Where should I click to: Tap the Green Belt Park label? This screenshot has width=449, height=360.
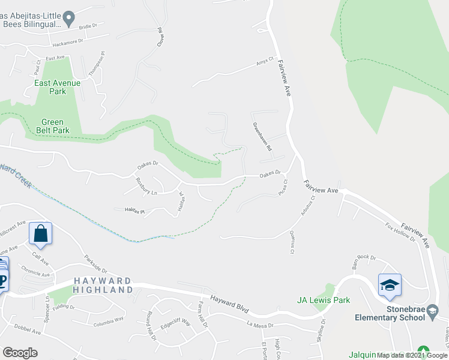click(x=51, y=126)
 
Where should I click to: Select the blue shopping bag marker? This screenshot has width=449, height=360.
click(x=40, y=234)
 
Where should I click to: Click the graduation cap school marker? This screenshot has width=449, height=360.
click(x=390, y=285)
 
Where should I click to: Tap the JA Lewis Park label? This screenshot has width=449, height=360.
click(x=324, y=300)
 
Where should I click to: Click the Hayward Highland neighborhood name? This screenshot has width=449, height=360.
click(x=103, y=285)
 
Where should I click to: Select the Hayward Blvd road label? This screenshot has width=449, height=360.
click(x=229, y=304)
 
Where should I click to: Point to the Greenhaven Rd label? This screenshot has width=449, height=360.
click(x=262, y=137)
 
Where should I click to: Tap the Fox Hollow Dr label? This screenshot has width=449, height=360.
click(x=400, y=232)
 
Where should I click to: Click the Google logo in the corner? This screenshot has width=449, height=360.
click(x=20, y=353)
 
